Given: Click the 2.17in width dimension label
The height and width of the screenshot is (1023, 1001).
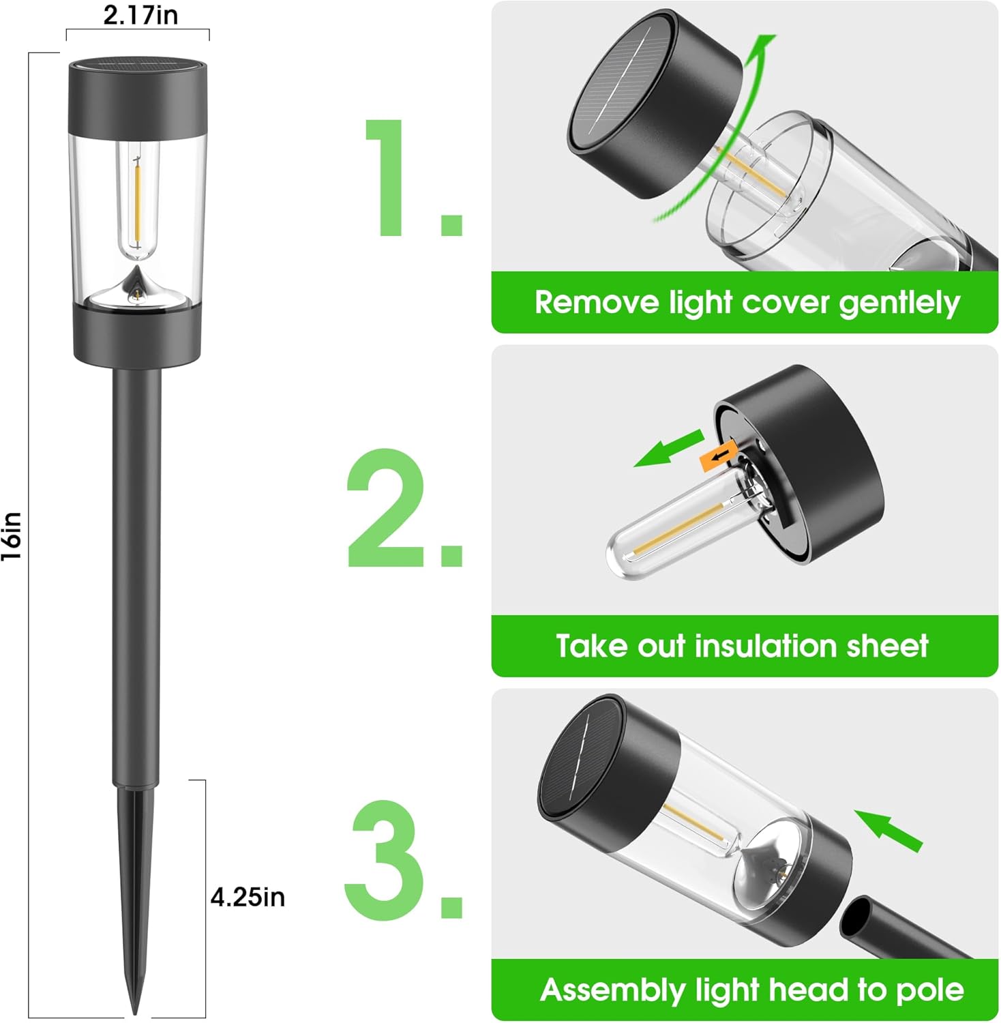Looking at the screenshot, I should [140, 15].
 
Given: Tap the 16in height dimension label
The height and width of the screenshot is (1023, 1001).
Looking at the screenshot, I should [12, 536].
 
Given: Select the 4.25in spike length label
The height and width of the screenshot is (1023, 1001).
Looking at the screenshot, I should [248, 897].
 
